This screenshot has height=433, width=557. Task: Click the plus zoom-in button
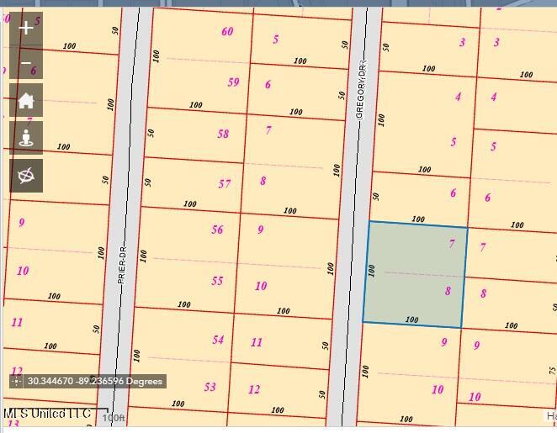click(x=26, y=28)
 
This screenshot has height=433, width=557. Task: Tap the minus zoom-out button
click(x=26, y=64)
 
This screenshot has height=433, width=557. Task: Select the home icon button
click(x=26, y=101)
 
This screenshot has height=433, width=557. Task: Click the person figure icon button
click(x=26, y=138)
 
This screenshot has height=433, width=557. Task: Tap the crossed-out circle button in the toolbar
click(x=26, y=175)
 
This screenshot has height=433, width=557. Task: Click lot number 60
click(x=227, y=32)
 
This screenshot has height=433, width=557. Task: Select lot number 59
click(x=233, y=82)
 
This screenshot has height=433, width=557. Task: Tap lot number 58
click(x=223, y=134)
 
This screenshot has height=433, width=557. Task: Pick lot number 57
click(x=225, y=183)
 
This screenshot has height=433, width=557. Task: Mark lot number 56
click(x=217, y=230)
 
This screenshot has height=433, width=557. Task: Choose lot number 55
click(x=217, y=281)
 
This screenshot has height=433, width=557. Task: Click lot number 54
click(x=218, y=340)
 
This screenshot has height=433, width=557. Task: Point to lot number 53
click(x=210, y=387)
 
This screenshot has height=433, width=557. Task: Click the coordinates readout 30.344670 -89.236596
click(x=94, y=382)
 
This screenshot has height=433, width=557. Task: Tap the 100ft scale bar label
click(x=113, y=418)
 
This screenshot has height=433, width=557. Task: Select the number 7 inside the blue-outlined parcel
click(x=452, y=244)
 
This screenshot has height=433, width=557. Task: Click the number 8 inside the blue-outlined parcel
click(x=448, y=291)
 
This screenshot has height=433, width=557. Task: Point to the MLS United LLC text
click(x=46, y=414)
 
